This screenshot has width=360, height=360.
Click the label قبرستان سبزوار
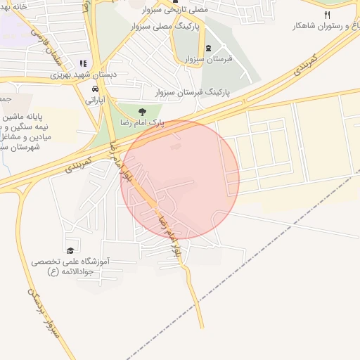click(209, 60)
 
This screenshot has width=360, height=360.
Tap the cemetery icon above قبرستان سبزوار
click(209, 48)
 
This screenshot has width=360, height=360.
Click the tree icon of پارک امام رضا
click(143, 111)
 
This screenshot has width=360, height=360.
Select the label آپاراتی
click(94, 101)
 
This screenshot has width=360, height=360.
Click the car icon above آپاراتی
click(94, 89)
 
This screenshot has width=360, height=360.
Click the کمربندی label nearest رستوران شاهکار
click(302, 65)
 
